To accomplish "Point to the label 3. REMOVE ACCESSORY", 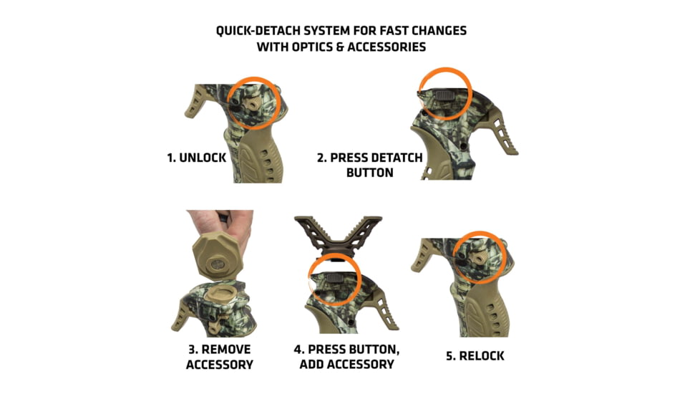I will [x=219, y=356].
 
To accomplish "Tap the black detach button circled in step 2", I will [x=438, y=94].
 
